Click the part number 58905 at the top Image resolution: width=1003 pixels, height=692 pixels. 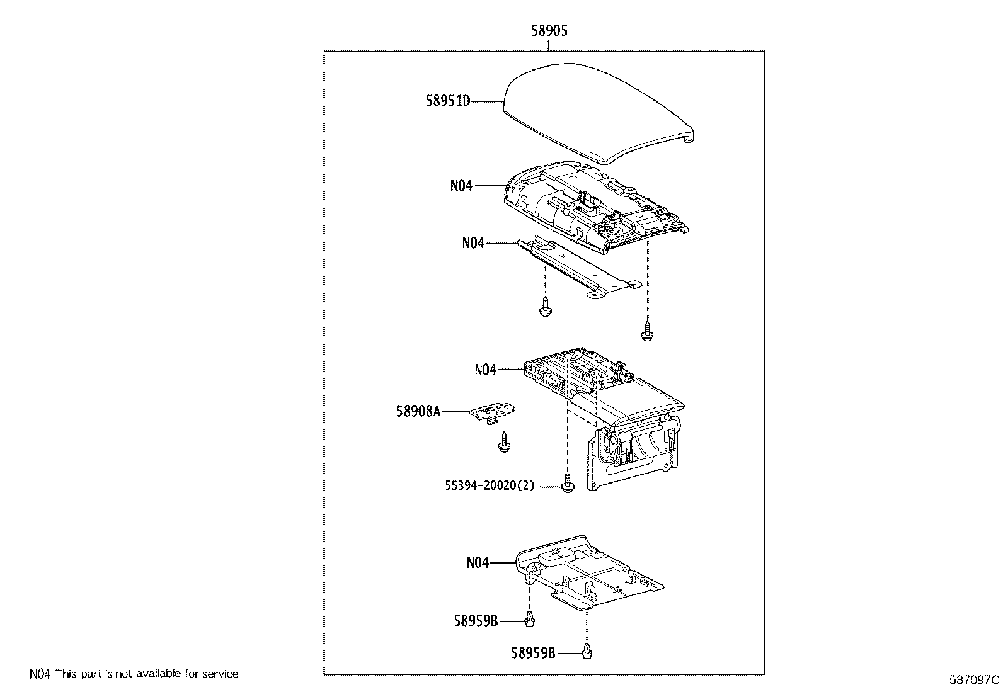tap(549, 31)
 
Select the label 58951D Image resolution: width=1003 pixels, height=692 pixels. tap(448, 101)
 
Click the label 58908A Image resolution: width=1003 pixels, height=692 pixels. tap(418, 411)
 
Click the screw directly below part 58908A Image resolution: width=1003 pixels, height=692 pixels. tap(503, 442)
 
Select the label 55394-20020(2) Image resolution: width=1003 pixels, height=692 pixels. tap(490, 485)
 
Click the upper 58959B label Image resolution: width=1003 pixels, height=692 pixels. tap(476, 621)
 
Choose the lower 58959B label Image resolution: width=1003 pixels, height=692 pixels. tap(533, 654)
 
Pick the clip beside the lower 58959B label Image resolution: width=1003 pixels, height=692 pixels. tap(588, 652)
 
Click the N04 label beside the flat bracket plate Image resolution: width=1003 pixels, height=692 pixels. tap(473, 243)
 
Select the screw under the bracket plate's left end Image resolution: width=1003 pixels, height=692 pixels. tap(545, 308)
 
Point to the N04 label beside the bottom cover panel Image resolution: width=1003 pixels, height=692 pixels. tap(478, 562)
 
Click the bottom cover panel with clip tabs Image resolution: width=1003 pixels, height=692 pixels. tap(592, 573)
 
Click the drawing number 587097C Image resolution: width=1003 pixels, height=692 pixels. tap(975, 680)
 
